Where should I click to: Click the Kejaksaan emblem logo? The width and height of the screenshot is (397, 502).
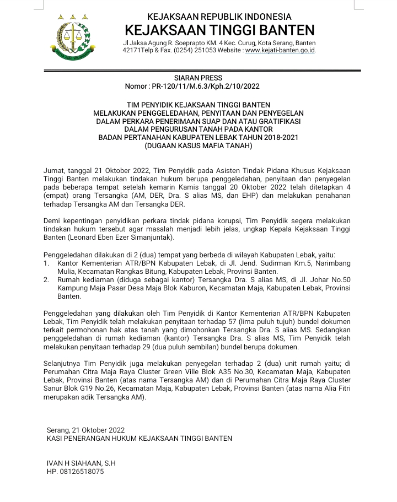click(x=73, y=37)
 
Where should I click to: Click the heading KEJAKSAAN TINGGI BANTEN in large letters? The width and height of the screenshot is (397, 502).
click(x=219, y=30)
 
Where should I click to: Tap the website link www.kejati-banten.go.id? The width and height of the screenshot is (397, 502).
click(x=280, y=51)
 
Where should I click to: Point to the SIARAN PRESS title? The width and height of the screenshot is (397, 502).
click(x=198, y=78)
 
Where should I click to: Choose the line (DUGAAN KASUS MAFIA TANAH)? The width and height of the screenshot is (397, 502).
click(x=198, y=146)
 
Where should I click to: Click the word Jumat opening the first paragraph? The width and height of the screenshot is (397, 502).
click(x=53, y=171)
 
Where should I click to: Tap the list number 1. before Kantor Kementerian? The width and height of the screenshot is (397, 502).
click(x=47, y=264)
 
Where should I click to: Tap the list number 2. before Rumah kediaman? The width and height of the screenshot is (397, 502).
click(x=47, y=280)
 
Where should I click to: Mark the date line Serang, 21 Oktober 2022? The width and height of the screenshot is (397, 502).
click(x=86, y=430)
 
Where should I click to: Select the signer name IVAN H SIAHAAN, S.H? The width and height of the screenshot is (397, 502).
click(x=81, y=463)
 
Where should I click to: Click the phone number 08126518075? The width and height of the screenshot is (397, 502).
click(x=82, y=472)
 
